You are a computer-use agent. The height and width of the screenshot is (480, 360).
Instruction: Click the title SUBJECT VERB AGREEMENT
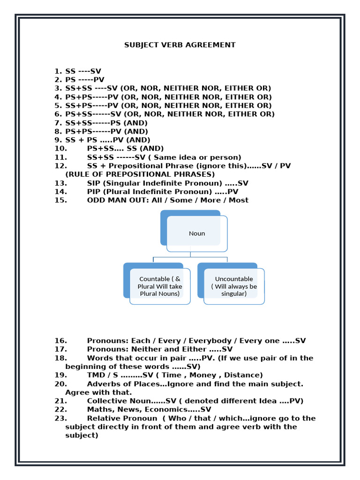click(x=180, y=45)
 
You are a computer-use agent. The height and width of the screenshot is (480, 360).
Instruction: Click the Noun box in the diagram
click(x=197, y=233)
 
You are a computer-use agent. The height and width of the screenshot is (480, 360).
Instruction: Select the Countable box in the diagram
click(x=160, y=286)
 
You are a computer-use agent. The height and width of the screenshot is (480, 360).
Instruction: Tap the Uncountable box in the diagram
click(x=234, y=286)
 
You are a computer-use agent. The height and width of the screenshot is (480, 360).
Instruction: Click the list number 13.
click(x=61, y=183)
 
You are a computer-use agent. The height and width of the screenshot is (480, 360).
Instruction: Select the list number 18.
click(x=61, y=358)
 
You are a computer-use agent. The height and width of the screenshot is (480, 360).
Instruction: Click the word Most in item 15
click(x=239, y=200)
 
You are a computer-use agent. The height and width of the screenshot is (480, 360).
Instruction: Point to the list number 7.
click(x=58, y=123)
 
